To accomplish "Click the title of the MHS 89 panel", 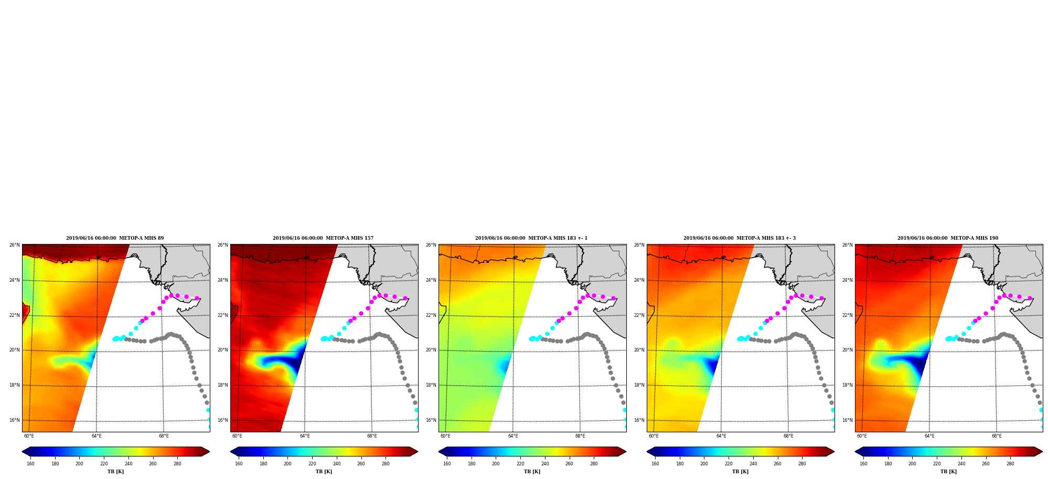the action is (115, 238).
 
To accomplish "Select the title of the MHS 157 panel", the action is (323, 238).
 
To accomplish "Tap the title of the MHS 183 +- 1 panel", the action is (531, 238).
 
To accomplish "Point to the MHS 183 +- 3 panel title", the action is (740, 238).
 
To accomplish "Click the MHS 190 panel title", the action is (948, 238).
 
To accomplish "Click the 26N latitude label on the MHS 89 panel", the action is (14, 245).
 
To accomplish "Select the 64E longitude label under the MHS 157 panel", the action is (305, 436).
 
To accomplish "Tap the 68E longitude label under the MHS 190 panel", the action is (997, 436).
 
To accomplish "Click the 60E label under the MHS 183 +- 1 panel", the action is (445, 436).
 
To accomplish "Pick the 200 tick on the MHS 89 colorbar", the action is (79, 464).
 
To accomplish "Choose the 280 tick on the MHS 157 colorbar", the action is (386, 464).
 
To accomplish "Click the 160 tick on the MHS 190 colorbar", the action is (863, 464).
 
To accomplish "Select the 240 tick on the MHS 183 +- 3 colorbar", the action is (753, 464).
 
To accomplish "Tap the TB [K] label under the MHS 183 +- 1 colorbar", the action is (532, 472).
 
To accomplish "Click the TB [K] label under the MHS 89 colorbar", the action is (116, 472).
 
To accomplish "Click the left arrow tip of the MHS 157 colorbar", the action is (231, 452).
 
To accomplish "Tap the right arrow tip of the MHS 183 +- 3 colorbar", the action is (834, 452).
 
